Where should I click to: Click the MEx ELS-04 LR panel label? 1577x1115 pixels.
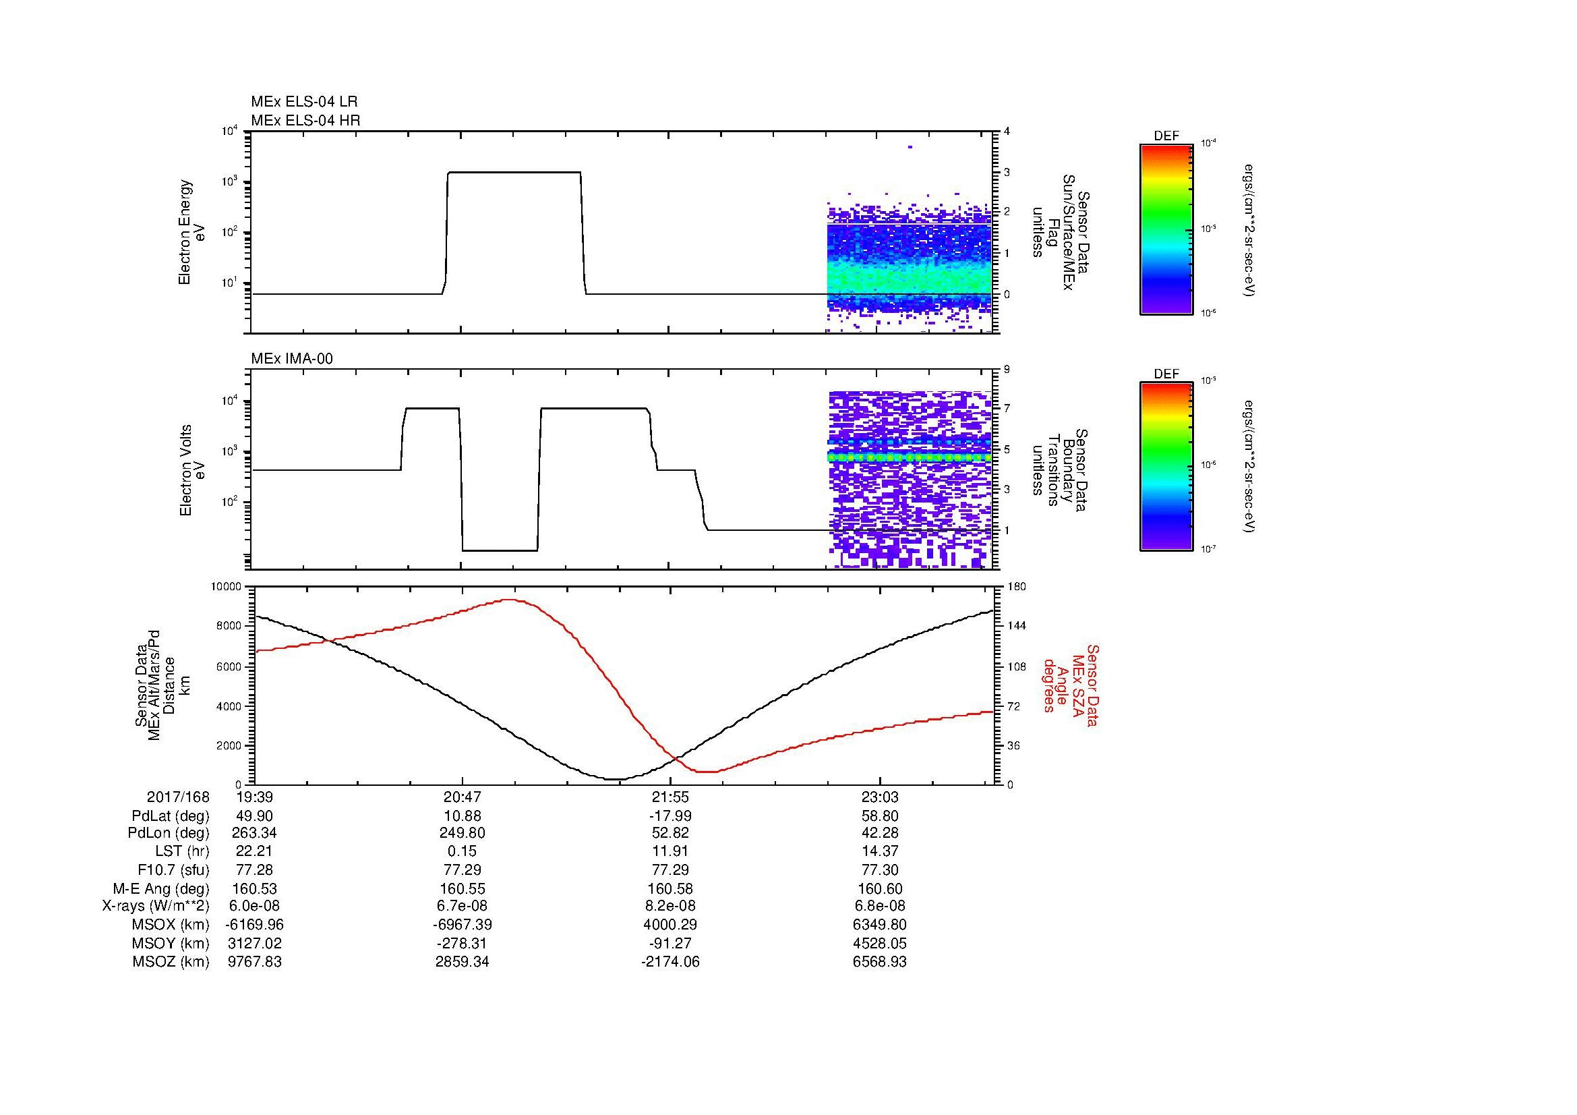coord(304,102)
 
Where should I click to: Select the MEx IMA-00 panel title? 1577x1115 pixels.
coord(292,359)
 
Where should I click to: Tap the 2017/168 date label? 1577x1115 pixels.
coord(178,797)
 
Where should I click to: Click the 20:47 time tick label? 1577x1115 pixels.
coord(463,797)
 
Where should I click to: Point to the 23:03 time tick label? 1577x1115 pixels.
coord(879,797)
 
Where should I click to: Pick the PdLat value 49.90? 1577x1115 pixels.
coord(255,816)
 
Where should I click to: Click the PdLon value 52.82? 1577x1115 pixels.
coord(670,833)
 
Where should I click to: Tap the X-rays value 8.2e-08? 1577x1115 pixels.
coord(670,906)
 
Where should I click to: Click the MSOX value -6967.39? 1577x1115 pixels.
coord(463,925)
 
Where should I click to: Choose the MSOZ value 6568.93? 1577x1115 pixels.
coord(879,962)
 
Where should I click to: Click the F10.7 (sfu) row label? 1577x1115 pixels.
coord(173,869)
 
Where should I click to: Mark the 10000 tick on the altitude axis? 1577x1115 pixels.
coord(227,587)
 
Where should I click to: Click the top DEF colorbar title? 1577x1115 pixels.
coord(1166,136)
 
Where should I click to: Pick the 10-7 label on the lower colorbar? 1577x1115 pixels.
coord(1207,549)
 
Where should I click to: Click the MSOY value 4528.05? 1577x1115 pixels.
coord(879,943)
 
